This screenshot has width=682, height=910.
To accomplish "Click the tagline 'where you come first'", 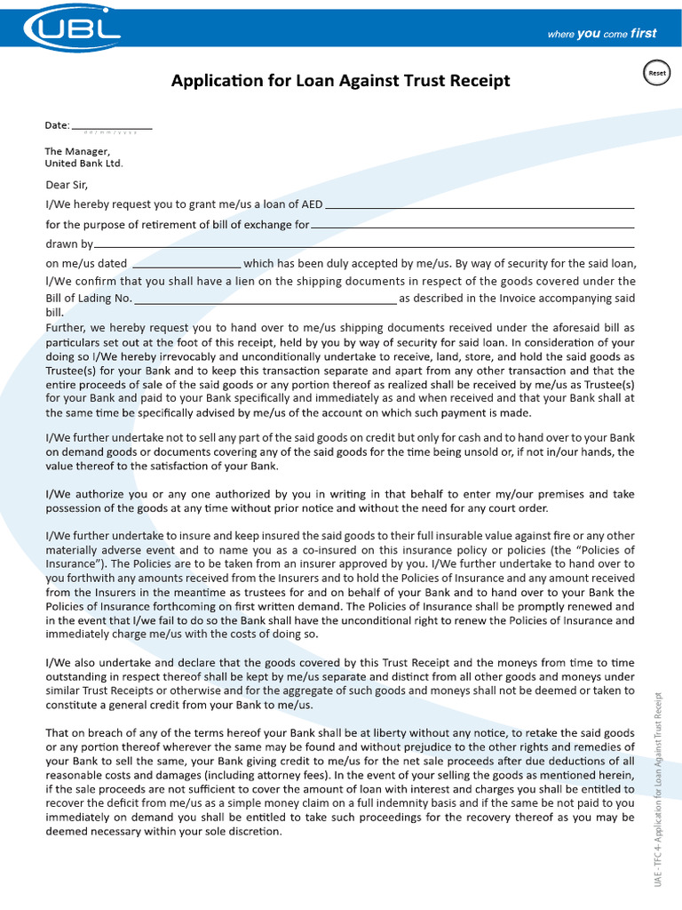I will point(601,34).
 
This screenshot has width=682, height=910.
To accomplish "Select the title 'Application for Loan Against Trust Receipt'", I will point(340,81).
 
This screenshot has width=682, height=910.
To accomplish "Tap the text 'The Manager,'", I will point(77,151).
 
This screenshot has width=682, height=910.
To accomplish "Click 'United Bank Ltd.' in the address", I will point(84,164).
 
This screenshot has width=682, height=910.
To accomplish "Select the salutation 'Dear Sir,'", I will point(67,186).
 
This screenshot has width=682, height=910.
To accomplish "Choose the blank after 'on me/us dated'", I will point(186,264).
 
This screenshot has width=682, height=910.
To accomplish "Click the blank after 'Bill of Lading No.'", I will point(265,300).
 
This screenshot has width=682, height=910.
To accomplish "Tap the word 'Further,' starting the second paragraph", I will point(67,328).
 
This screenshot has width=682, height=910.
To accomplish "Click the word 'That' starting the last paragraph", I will point(58,733).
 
